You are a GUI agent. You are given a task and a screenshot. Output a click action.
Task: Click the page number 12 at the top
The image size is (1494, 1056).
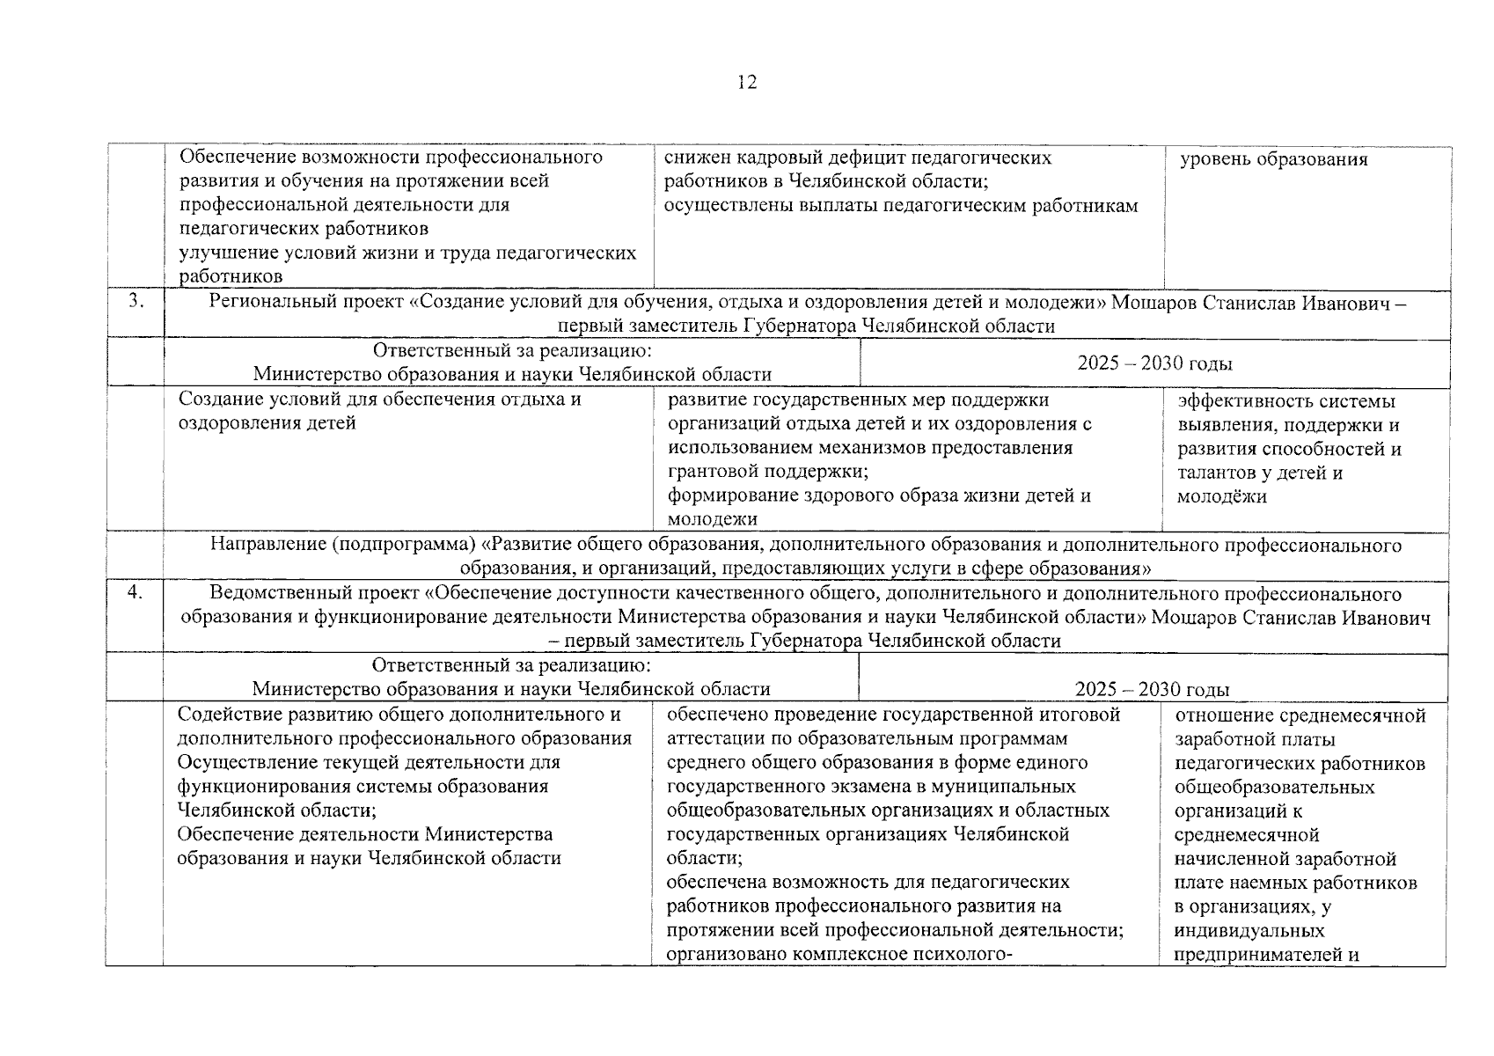pyautogui.click(x=747, y=83)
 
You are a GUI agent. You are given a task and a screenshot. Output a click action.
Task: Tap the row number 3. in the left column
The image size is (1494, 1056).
pyautogui.click(x=135, y=301)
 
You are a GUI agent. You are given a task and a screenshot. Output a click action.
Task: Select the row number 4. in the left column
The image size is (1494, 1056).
pyautogui.click(x=135, y=592)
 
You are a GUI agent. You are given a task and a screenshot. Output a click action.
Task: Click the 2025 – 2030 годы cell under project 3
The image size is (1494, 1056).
pyautogui.click(x=1154, y=363)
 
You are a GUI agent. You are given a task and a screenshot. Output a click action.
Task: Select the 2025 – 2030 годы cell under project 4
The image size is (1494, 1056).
pyautogui.click(x=1152, y=690)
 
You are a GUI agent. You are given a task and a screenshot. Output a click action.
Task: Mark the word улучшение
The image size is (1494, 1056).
pyautogui.click(x=226, y=253)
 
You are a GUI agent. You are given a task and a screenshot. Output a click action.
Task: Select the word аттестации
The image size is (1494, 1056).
pyautogui.click(x=713, y=739)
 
